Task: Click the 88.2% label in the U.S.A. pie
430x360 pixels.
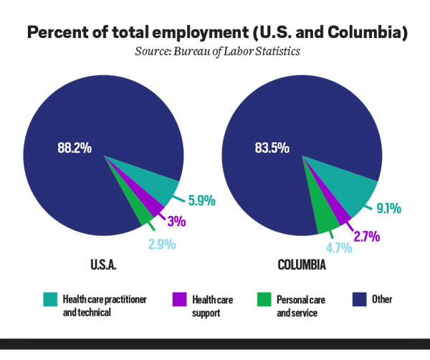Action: [x=75, y=148]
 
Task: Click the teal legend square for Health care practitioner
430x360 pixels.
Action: [x=50, y=298]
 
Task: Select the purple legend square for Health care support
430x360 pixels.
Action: [x=181, y=298]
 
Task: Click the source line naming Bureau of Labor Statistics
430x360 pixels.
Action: [x=215, y=52]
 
